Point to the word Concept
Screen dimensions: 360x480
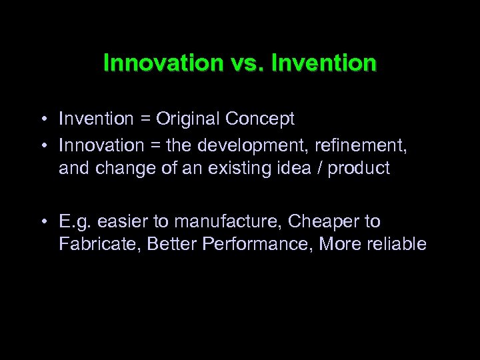click(x=259, y=119)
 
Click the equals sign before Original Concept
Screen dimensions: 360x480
click(x=145, y=119)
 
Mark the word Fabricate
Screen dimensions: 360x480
click(x=93, y=245)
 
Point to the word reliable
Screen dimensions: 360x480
click(x=398, y=245)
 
